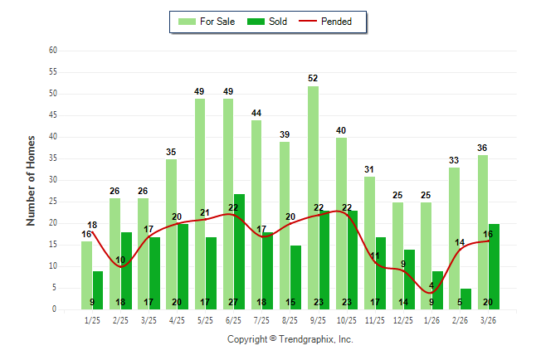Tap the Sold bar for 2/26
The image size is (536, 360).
pos(465,299)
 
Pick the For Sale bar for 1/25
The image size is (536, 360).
pos(87,275)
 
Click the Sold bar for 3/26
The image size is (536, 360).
pos(494,266)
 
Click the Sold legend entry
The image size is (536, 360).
pos(268,22)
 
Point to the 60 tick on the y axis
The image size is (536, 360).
pos(52,51)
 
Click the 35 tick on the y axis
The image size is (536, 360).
pos(52,158)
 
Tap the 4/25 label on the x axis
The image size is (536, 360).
pos(177,319)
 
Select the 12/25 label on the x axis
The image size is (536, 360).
pos(403,319)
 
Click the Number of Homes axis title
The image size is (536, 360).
pos(32,180)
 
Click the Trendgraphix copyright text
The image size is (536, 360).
pos(290,339)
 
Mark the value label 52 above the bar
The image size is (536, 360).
pos(313,78)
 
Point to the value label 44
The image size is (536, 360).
pos(256,113)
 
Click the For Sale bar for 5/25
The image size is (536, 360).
pos(200,204)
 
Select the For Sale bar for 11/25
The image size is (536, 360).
pos(369,243)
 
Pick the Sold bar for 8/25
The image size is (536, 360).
pos(295,277)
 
